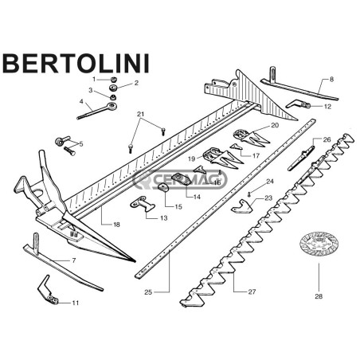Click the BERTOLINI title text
point(76,64)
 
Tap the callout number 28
point(319,296)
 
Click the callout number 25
point(148,292)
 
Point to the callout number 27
point(252,292)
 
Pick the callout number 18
point(116,225)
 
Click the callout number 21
point(140,114)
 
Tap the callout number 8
point(331,79)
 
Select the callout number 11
point(76,303)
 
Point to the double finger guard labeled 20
point(251,138)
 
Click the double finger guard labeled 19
point(222,158)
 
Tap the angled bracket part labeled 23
point(242,206)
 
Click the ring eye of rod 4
point(112,106)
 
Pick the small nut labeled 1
point(114,80)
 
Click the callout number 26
point(327,139)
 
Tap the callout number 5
point(81,144)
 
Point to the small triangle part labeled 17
point(236,147)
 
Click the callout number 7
point(74,260)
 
